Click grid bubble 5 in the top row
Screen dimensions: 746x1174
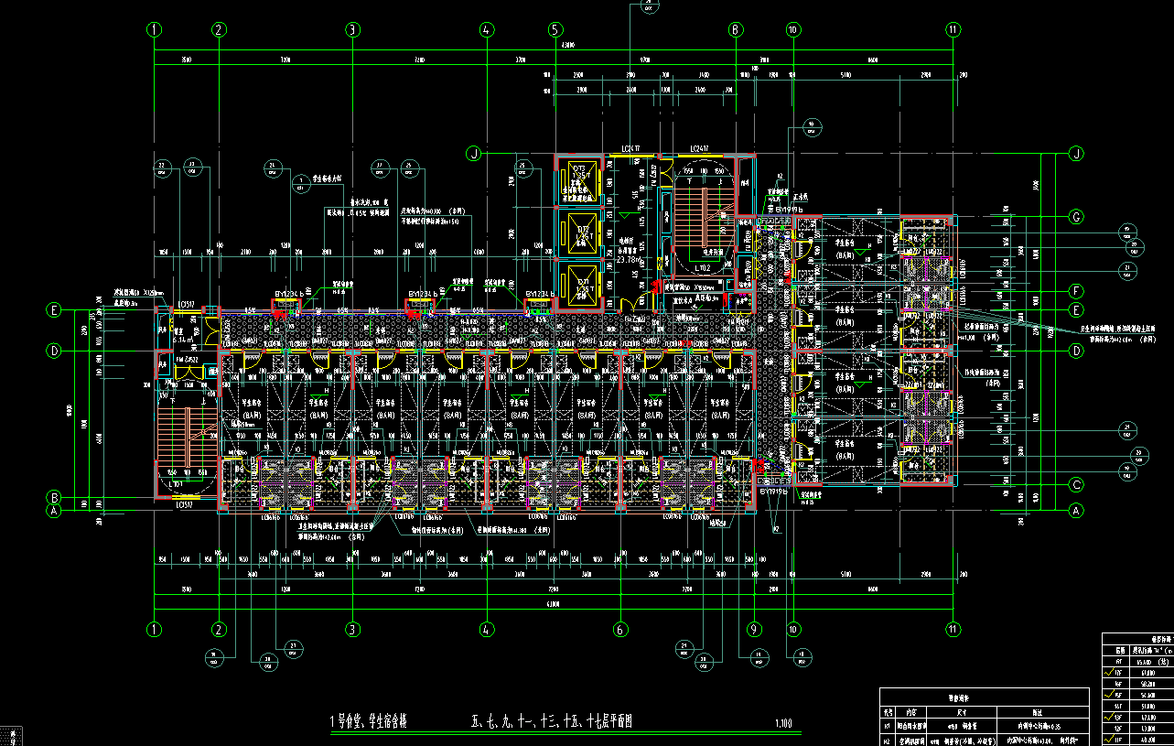coord(555,29)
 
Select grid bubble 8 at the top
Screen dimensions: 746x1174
coord(735,29)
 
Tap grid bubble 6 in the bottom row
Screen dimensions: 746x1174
coord(620,629)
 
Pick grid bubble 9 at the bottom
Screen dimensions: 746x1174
coord(754,629)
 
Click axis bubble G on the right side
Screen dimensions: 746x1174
coord(1076,217)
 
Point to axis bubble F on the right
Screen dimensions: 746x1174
coord(1076,291)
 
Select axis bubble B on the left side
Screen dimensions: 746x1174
coord(54,498)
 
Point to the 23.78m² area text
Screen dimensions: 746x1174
coord(628,259)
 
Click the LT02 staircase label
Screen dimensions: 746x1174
coord(703,268)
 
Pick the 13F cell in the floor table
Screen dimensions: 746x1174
coord(1117,718)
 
